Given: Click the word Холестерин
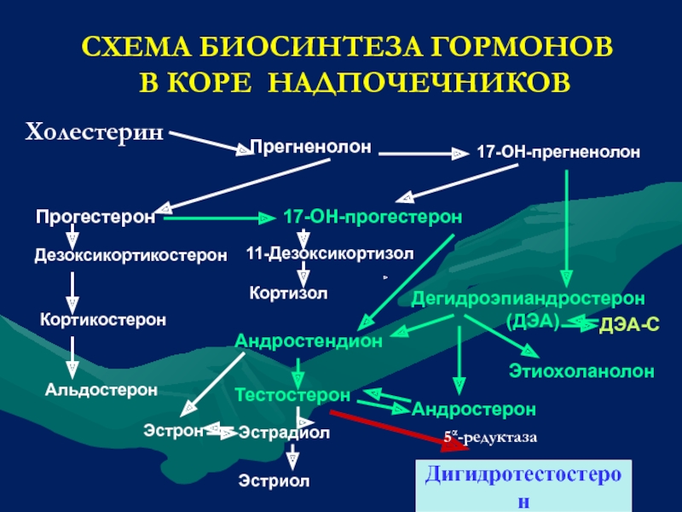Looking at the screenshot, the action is (95, 131).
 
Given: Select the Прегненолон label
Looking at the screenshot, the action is (310, 147).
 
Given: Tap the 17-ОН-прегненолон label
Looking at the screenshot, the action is (558, 152).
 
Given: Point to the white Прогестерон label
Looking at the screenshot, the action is (95, 217).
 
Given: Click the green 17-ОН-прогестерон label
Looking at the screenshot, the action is (373, 217).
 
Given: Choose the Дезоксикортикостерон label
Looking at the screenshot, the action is (130, 255).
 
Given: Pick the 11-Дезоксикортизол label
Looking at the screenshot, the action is (330, 253).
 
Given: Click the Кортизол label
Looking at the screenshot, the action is (288, 293).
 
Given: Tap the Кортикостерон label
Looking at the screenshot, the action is (103, 319).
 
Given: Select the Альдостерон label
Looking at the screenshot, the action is (101, 389).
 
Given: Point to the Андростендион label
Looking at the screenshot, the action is (309, 340).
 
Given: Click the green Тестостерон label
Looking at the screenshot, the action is (292, 395).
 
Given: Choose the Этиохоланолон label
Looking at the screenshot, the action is (581, 371).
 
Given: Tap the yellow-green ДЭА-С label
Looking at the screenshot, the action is (629, 325).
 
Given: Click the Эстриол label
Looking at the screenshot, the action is (274, 481).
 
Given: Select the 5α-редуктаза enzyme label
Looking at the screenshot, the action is (491, 437).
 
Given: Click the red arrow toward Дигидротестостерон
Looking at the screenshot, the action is (399, 430).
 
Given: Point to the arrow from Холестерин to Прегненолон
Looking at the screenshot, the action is (211, 143).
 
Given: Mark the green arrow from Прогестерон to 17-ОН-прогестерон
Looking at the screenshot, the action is (220, 218).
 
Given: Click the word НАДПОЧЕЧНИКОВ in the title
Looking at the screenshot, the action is (419, 82).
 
